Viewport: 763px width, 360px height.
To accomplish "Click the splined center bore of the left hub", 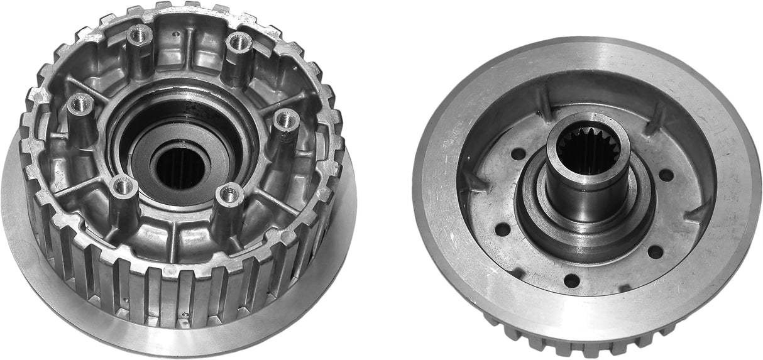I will [x=180, y=166].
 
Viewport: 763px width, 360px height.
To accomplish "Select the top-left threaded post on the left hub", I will [x=140, y=36].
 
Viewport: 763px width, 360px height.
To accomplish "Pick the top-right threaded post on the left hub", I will [x=239, y=43].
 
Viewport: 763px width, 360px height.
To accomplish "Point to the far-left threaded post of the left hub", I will [x=80, y=104].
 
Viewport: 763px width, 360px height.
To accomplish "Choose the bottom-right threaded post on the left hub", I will [x=231, y=195].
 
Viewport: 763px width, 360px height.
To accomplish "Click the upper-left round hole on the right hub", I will [x=518, y=153].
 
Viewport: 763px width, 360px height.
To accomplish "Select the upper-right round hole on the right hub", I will [x=666, y=175].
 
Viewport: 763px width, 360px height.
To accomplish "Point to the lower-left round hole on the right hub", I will [x=502, y=229].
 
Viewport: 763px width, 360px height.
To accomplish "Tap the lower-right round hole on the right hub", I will [x=655, y=252].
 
